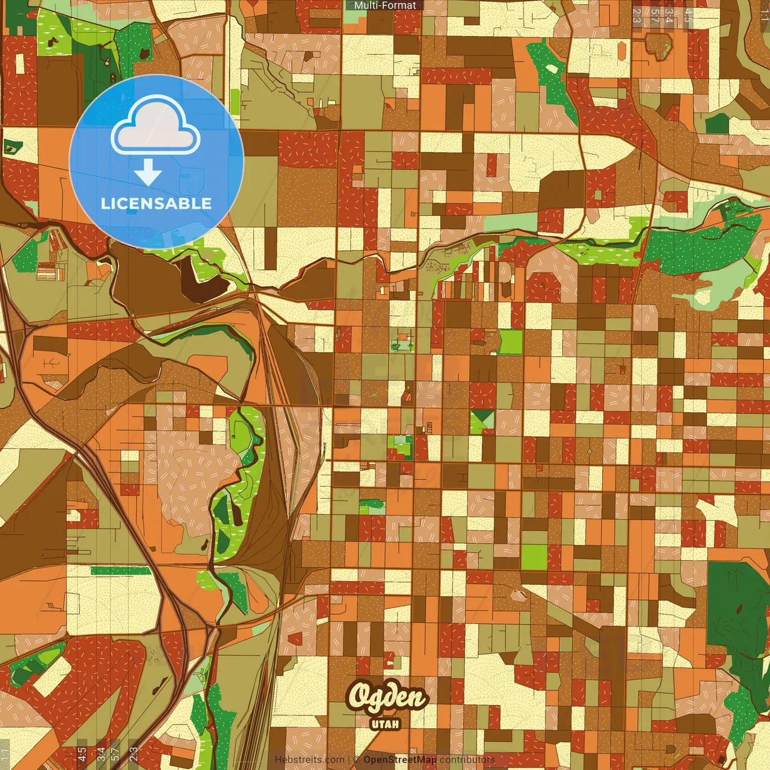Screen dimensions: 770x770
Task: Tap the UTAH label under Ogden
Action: (x=386, y=724)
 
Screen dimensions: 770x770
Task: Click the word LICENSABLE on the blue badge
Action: (x=156, y=203)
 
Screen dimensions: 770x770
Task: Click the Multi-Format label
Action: (x=385, y=5)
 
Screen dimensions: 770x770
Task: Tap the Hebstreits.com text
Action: (x=310, y=760)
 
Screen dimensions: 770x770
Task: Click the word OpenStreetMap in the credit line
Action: (x=400, y=760)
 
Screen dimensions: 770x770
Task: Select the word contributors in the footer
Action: (x=467, y=760)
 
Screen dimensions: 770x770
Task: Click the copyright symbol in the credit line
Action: (x=356, y=760)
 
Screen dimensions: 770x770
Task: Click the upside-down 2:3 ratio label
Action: (x=636, y=16)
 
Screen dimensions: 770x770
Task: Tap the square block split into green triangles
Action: (x=482, y=421)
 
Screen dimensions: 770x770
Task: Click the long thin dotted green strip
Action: (x=121, y=570)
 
